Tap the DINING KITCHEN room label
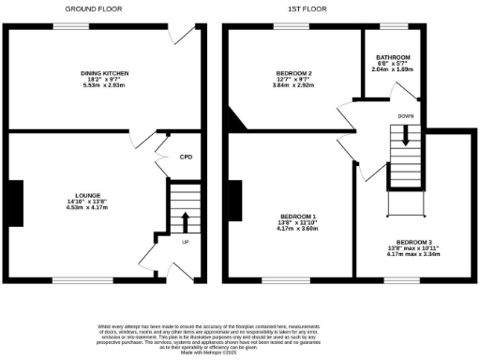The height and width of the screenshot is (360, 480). click(104, 73)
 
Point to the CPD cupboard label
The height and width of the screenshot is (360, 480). click(186, 157)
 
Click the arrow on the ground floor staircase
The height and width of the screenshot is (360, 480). click(185, 222)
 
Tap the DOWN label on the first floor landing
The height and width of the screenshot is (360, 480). click(404, 117)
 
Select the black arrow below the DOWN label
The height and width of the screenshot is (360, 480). click(404, 135)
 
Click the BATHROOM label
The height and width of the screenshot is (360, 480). click(393, 56)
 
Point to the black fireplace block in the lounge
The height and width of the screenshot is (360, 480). click(16, 202)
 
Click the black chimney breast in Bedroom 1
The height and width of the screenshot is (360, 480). click(235, 202)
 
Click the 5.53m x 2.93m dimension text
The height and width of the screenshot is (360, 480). click(104, 84)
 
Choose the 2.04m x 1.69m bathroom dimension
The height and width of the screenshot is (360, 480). click(393, 69)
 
